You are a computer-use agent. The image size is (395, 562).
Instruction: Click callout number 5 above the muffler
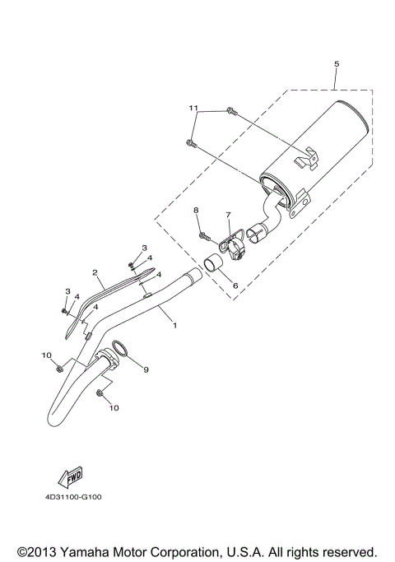click(x=336, y=63)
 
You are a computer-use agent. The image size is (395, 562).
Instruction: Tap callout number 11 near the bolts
click(x=193, y=108)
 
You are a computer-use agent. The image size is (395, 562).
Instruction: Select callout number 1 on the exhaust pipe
click(x=174, y=326)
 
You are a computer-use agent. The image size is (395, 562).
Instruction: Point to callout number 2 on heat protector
click(x=95, y=272)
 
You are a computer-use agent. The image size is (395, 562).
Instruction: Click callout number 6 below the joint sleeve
click(x=235, y=286)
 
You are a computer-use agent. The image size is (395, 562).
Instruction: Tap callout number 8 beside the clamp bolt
click(x=196, y=211)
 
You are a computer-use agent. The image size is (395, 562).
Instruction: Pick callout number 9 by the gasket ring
click(x=146, y=370)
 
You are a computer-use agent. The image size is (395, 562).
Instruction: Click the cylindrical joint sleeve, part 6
click(x=216, y=266)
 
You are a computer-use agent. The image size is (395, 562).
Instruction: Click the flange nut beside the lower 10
click(x=100, y=394)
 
